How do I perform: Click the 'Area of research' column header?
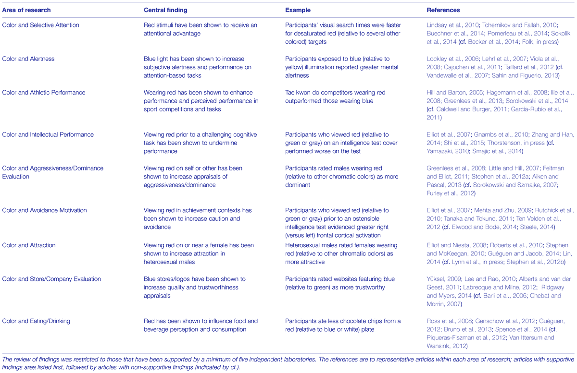[26, 10]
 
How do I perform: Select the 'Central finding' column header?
[166, 10]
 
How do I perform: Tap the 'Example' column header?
[298, 10]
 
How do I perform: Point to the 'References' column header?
[443, 10]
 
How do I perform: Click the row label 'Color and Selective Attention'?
[41, 25]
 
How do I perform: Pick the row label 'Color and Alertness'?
[28, 59]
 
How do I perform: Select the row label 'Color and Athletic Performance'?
[44, 93]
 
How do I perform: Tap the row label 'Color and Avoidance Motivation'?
[45, 210]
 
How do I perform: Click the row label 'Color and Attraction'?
[29, 245]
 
